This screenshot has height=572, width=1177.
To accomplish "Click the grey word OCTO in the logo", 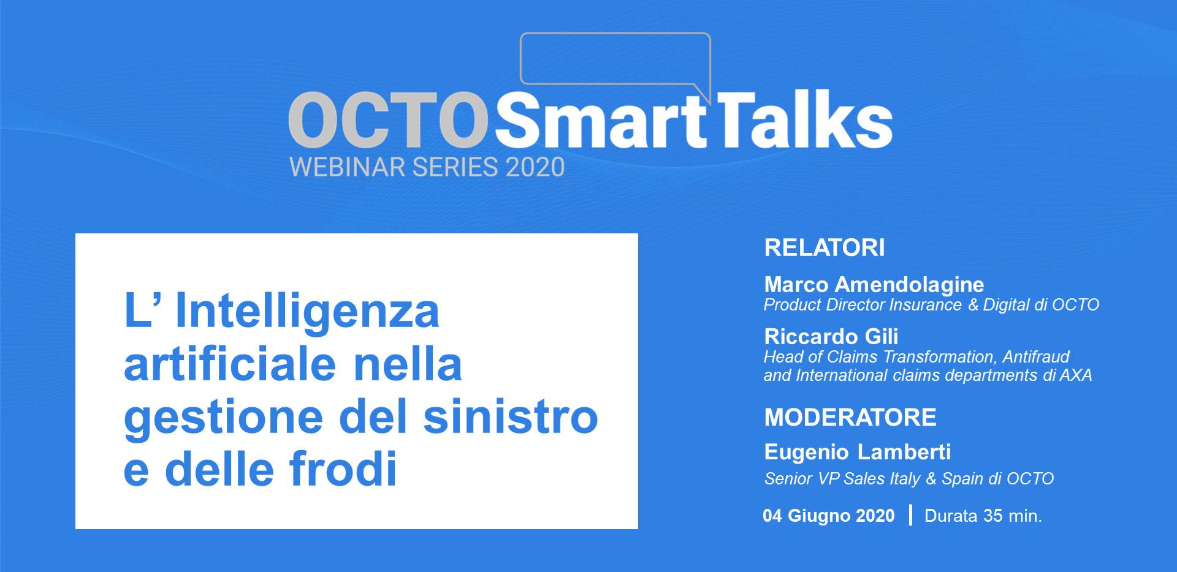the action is pyautogui.click(x=388, y=120).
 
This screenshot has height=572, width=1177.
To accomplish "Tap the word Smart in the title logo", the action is pyautogui.click(x=601, y=120).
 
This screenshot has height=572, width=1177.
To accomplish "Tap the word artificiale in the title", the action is pyautogui.click(x=230, y=364).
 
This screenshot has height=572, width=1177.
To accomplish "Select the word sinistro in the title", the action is pyautogui.click(x=511, y=416).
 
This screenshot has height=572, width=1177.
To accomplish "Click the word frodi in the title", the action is pyautogui.click(x=343, y=469).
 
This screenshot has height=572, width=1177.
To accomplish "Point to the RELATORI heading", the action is pyautogui.click(x=825, y=247).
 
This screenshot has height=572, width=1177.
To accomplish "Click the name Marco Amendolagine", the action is pyautogui.click(x=874, y=284).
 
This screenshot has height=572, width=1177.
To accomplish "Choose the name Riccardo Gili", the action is pyautogui.click(x=831, y=336).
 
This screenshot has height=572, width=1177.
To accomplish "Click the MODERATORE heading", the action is pyautogui.click(x=850, y=417).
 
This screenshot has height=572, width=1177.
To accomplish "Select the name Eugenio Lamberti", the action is pyautogui.click(x=858, y=452).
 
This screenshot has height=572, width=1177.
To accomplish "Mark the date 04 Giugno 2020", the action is pyautogui.click(x=829, y=516).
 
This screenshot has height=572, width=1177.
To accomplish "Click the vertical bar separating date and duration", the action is pyautogui.click(x=910, y=515).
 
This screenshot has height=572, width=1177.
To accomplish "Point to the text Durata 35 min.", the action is pyautogui.click(x=983, y=516).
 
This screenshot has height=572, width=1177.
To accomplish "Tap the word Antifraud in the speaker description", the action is pyautogui.click(x=1036, y=356).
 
